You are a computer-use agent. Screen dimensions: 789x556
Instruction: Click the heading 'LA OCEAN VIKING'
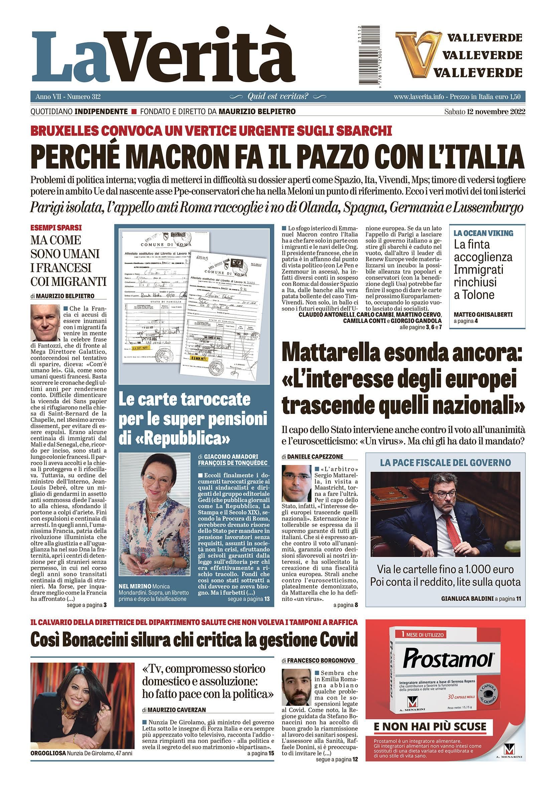point(483,233)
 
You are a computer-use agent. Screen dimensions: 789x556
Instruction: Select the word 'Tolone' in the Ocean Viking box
point(474,295)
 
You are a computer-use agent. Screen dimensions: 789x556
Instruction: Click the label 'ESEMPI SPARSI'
point(51,227)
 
